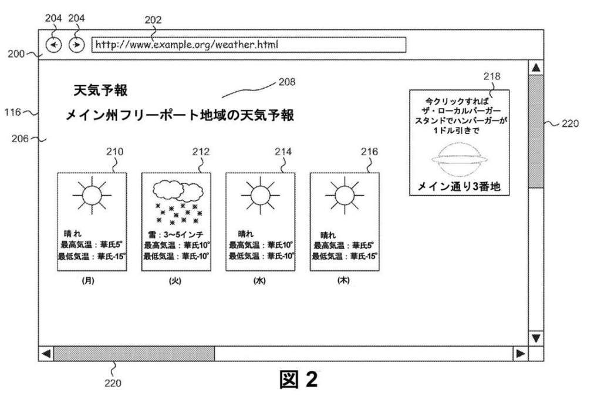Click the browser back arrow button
(53, 45)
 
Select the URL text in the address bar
(187, 45)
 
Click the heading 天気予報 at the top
(100, 90)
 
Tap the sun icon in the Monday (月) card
(91, 194)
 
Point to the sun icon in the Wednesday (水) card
(259, 194)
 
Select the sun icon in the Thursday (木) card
(343, 194)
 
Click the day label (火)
(175, 281)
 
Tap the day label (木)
(343, 281)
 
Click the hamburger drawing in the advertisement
(459, 159)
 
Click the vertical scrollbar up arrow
(535, 68)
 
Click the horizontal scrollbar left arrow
(46, 354)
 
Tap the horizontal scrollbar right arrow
(519, 354)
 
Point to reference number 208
(287, 82)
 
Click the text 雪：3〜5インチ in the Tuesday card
(175, 234)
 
